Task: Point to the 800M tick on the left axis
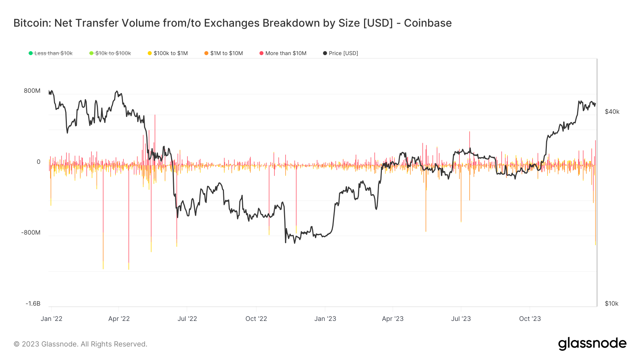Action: (32, 91)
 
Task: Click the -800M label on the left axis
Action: (31, 233)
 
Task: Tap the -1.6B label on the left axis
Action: (33, 303)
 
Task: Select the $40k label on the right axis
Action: (612, 112)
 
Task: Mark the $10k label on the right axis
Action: (612, 303)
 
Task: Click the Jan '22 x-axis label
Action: (52, 319)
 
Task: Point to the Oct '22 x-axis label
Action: (256, 319)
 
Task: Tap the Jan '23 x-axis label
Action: (325, 319)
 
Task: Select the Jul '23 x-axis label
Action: (461, 319)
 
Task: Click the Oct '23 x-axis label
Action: (530, 319)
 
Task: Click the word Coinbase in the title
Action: (428, 23)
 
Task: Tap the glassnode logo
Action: (592, 344)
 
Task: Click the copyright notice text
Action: (80, 344)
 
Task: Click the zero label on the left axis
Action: (38, 162)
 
